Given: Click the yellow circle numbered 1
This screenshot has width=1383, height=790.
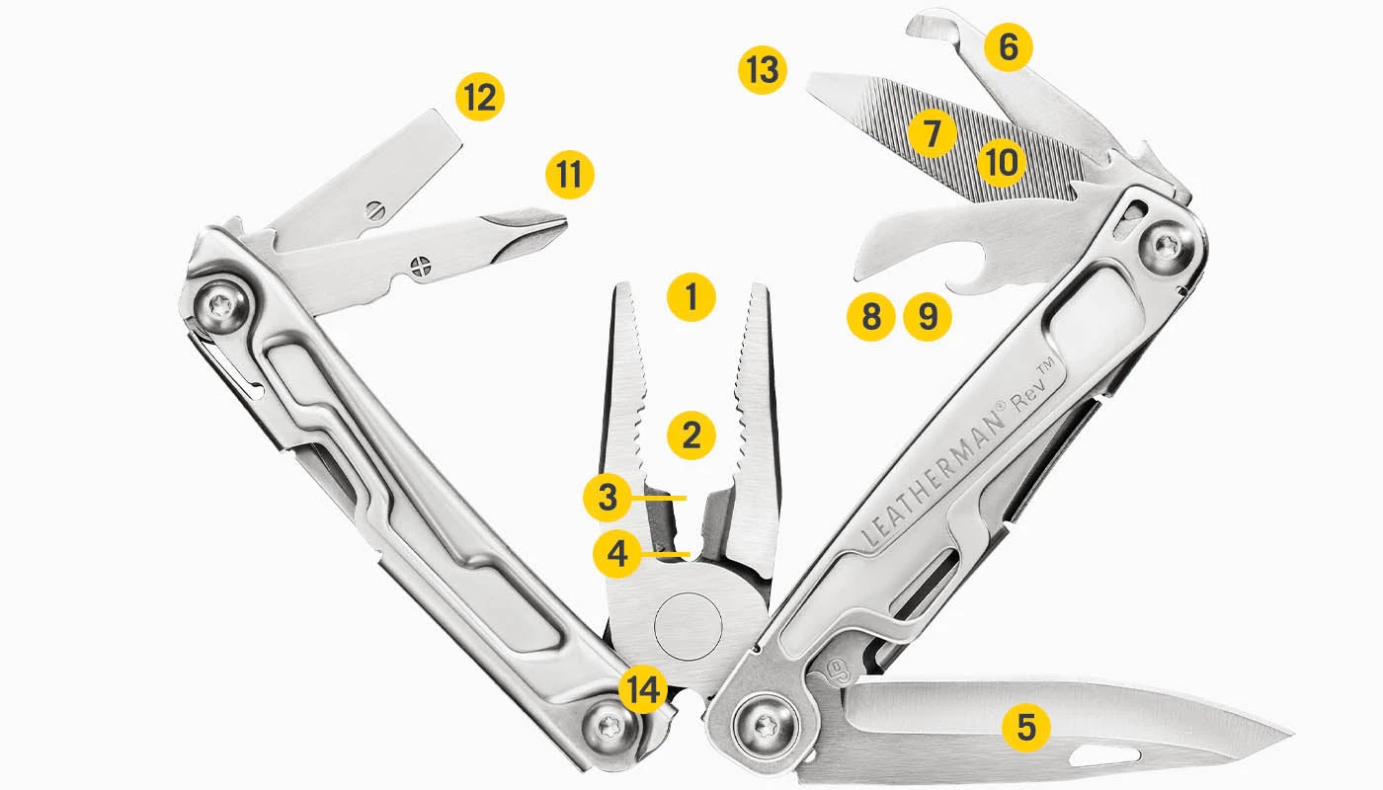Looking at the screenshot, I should (x=691, y=296).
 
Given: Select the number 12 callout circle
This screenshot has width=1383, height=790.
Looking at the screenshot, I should (x=480, y=98).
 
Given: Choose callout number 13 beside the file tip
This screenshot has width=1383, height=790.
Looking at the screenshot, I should (x=763, y=71).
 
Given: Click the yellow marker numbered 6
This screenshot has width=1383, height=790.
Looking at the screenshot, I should (x=1008, y=47).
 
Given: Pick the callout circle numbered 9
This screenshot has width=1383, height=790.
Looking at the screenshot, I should (x=928, y=317).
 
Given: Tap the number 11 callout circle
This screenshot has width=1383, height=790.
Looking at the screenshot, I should (x=569, y=175).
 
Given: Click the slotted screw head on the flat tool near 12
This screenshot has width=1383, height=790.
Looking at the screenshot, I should (x=373, y=208).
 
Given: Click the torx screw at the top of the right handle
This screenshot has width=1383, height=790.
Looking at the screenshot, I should (x=1167, y=245).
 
